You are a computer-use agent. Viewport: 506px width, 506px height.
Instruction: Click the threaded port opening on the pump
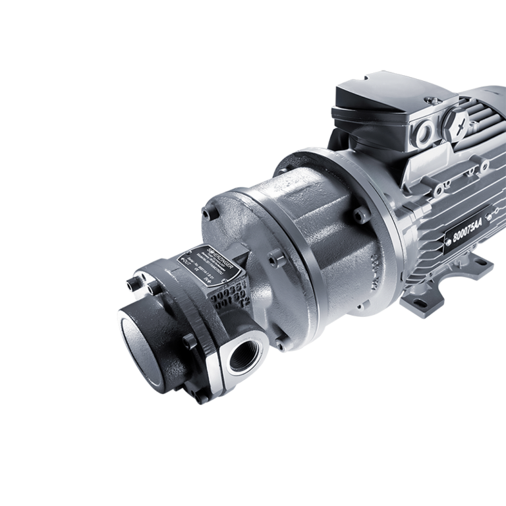pos(243,358)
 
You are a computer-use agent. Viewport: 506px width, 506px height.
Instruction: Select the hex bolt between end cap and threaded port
pos(190,341)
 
